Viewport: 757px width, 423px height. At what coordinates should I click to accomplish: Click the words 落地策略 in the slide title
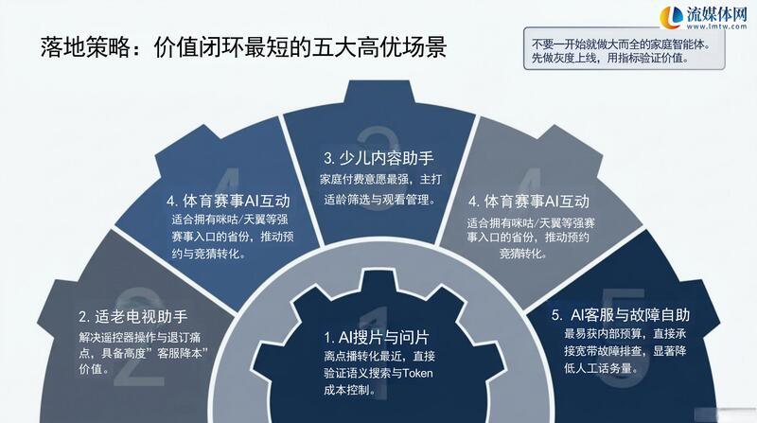(85, 48)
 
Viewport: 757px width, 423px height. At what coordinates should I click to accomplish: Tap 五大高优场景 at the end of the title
(380, 48)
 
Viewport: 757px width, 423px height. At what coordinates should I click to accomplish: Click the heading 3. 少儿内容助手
(379, 158)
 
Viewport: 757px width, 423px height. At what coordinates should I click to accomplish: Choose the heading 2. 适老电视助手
(133, 317)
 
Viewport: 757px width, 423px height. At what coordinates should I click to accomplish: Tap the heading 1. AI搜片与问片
(377, 337)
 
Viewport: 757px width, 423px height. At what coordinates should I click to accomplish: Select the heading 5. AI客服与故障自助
(621, 315)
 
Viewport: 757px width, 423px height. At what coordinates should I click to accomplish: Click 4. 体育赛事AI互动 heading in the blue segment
(228, 201)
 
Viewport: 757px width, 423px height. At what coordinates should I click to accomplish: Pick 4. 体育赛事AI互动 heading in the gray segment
(529, 202)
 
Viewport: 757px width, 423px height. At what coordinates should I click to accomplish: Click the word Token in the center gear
(417, 373)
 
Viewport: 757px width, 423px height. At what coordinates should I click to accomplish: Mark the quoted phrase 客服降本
(181, 353)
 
